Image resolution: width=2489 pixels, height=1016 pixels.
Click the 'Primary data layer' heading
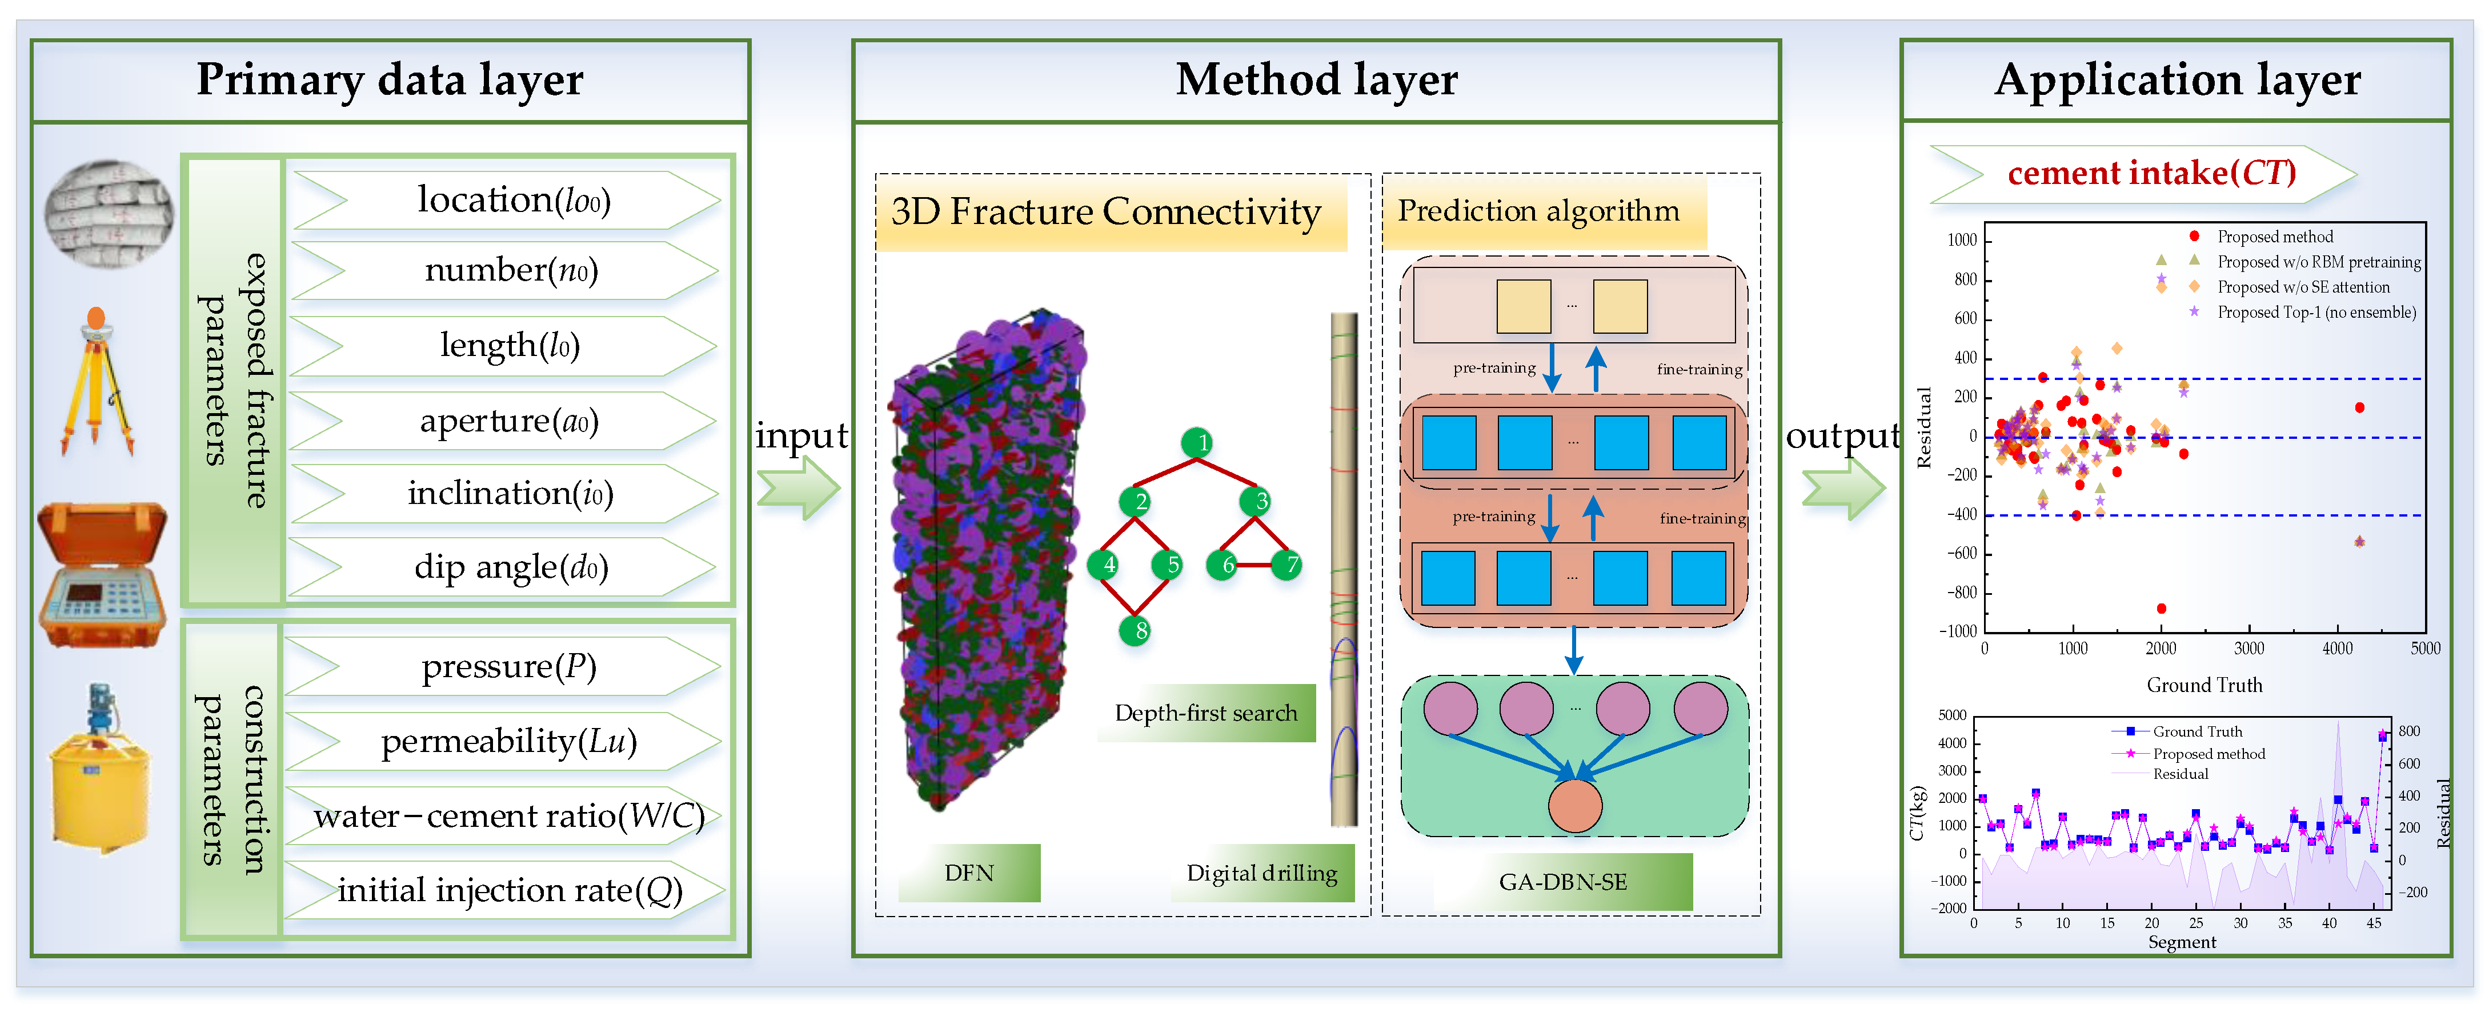390,79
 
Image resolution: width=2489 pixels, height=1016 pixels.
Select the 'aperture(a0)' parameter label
509,422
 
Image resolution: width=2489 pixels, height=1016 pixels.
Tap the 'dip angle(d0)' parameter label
511,567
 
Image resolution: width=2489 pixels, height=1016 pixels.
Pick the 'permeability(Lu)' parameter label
509,742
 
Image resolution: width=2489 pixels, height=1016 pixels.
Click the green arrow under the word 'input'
798,487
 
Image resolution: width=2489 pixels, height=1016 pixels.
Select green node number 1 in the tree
1197,443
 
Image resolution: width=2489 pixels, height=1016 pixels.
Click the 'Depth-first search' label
1206,713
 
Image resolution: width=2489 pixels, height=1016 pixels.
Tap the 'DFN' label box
968,873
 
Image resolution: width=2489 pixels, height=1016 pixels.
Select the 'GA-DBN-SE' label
1562,882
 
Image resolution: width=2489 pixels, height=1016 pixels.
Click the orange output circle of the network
1575,805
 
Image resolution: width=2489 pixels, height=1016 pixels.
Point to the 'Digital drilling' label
1262,873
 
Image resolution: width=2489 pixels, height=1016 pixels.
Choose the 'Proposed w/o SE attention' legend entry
2303,287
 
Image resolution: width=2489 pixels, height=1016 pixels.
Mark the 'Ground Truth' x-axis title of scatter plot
2204,685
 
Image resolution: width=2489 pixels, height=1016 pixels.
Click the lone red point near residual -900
2162,608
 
